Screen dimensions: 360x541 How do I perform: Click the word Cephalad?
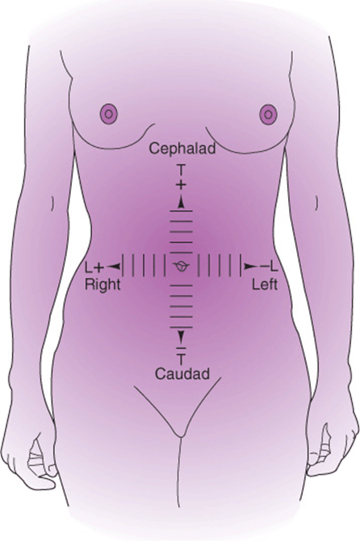click(182, 149)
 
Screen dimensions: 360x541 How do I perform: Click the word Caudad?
click(182, 374)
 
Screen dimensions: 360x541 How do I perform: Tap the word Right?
click(103, 285)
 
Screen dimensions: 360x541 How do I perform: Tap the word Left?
click(265, 285)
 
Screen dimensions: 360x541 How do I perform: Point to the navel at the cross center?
click(182, 266)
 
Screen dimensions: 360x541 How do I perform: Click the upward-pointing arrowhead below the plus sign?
click(181, 203)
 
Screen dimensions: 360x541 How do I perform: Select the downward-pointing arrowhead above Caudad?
click(181, 336)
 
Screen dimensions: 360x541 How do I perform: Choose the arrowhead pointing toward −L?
click(251, 266)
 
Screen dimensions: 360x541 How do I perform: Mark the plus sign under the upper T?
click(181, 186)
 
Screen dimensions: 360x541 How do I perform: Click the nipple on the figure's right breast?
click(108, 114)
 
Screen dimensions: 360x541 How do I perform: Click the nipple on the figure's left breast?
click(268, 114)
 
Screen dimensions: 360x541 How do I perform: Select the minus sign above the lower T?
click(181, 346)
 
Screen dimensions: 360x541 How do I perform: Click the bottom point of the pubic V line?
click(180, 438)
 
